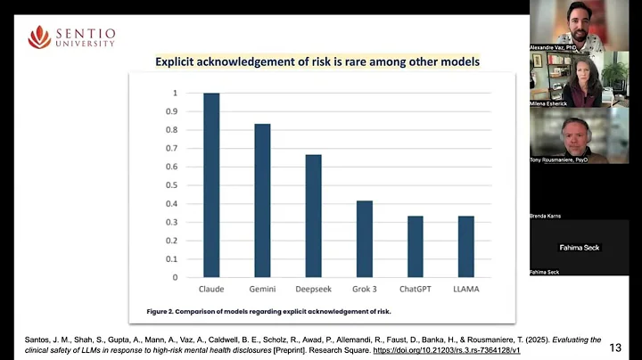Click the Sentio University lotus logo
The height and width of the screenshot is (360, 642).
(39, 37)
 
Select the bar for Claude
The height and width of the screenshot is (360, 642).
(211, 184)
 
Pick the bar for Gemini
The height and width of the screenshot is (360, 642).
(262, 200)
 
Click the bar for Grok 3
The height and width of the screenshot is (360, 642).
(364, 238)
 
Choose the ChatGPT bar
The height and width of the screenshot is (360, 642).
(416, 246)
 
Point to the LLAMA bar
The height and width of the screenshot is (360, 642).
(466, 246)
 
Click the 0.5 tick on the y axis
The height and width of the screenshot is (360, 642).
(173, 184)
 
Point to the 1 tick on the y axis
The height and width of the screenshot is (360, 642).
(176, 93)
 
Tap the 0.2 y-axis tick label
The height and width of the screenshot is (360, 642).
(173, 240)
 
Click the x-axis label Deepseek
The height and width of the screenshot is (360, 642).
(313, 290)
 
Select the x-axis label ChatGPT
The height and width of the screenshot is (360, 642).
(416, 290)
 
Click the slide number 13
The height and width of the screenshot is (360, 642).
(615, 348)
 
